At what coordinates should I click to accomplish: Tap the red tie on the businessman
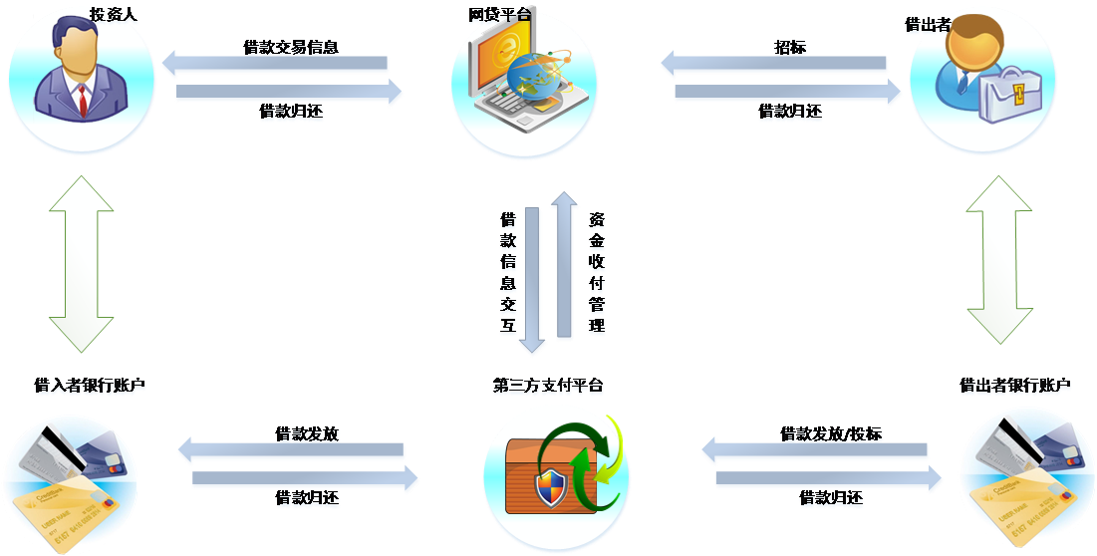84,99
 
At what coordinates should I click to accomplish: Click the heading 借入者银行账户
90,386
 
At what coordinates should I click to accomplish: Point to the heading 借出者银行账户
1014,386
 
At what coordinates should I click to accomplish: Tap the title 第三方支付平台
547,387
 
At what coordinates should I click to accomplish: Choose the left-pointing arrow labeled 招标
774,65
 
